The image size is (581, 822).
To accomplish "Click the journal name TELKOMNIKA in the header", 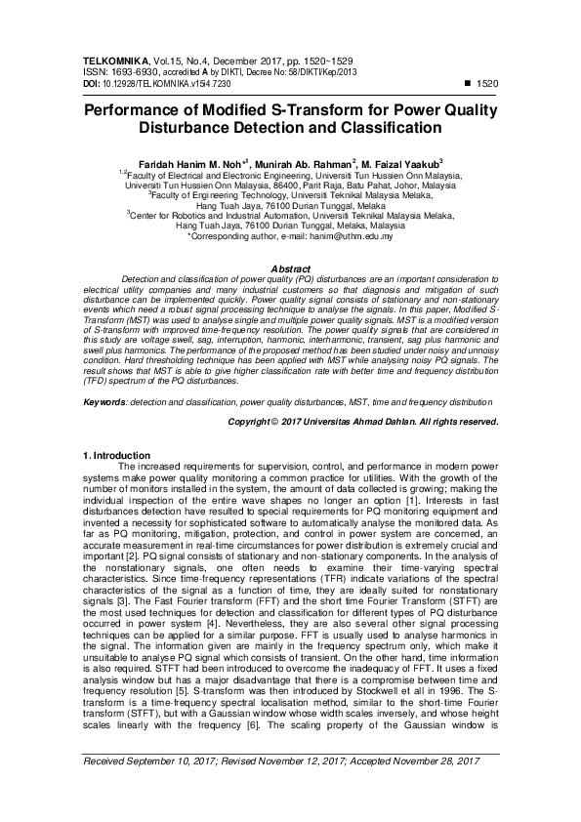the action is click(112, 62).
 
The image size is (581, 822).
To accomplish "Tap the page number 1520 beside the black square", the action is click(489, 85).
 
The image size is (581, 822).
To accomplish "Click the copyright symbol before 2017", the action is click(276, 422).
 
